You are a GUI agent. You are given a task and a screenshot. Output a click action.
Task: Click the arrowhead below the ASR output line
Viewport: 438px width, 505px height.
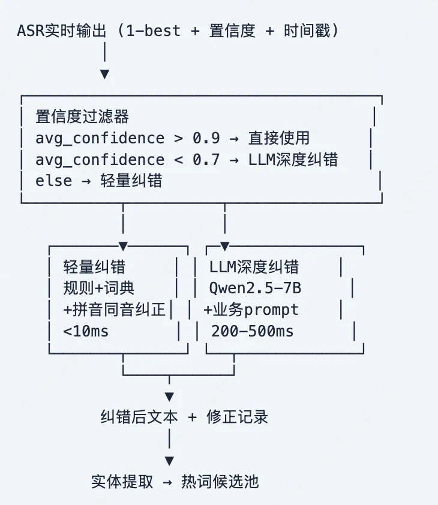click(x=105, y=74)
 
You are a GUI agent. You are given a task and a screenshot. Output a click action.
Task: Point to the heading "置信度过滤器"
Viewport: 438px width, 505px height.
click(x=82, y=116)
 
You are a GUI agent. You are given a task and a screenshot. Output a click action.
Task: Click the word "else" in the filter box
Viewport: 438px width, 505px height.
click(x=50, y=181)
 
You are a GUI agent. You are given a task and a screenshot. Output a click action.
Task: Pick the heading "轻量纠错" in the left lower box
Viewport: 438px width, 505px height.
click(x=94, y=267)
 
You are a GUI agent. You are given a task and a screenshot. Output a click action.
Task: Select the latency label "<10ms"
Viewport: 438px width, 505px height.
click(x=86, y=330)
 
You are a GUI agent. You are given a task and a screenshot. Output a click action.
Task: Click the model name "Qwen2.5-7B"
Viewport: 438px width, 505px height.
click(x=255, y=288)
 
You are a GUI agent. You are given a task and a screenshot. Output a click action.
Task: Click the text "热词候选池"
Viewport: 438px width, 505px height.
click(x=220, y=482)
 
